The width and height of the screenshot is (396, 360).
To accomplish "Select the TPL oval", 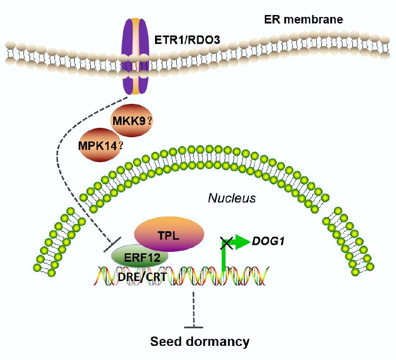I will coord(169,234).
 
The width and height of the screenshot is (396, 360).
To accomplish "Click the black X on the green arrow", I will coord(226,243).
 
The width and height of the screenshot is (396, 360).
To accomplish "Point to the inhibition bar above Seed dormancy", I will coord(194,327).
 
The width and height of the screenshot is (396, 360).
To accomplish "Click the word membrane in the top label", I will coord(318,20).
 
